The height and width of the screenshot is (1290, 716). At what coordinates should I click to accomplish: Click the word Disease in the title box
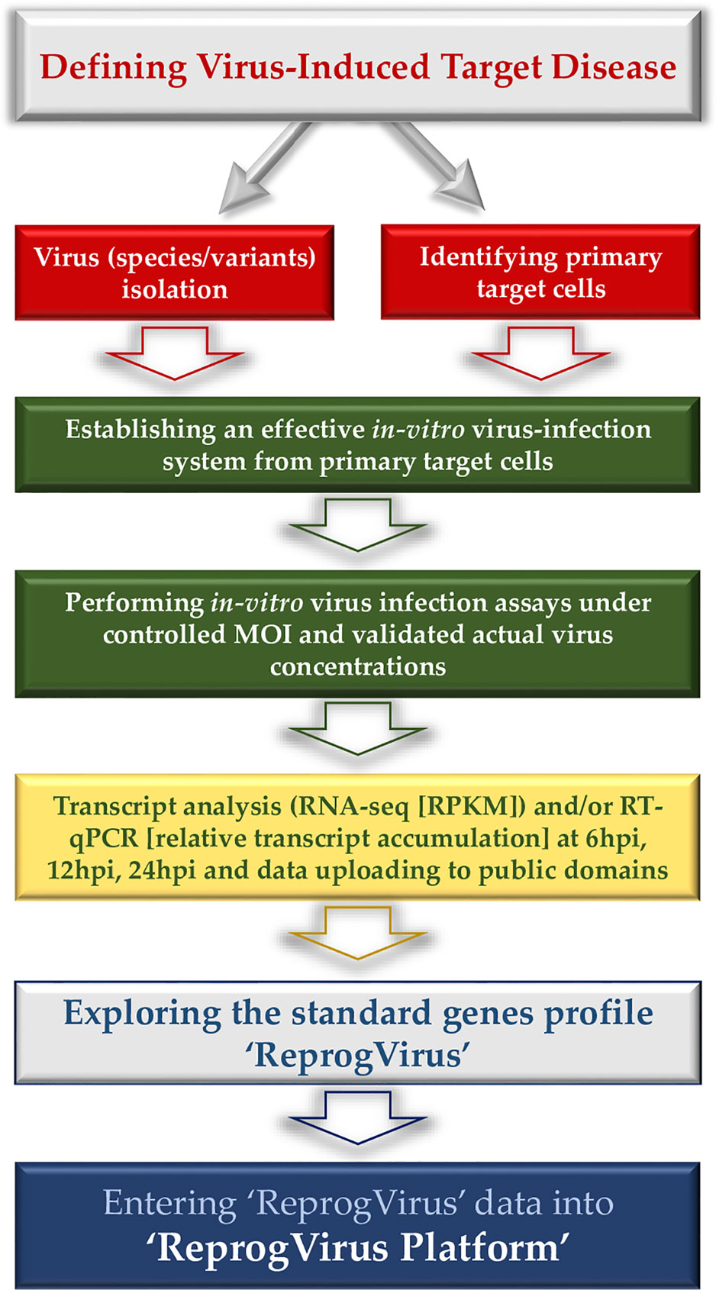614,67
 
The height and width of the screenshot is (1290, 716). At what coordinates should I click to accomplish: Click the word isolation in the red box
175,289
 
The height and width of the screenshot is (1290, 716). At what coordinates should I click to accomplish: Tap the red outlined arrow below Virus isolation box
175,353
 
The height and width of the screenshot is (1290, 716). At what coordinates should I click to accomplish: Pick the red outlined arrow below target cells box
540,353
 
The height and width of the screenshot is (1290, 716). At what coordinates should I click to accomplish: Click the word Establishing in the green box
140,431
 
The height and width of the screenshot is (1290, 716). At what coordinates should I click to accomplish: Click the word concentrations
358,667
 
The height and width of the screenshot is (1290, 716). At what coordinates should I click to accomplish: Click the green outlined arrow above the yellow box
358,728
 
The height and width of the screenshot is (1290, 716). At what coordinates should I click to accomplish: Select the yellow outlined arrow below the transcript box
358,933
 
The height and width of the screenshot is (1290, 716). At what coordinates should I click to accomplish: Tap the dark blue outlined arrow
358,1117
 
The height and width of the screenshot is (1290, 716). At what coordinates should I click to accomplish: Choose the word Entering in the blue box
169,1205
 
